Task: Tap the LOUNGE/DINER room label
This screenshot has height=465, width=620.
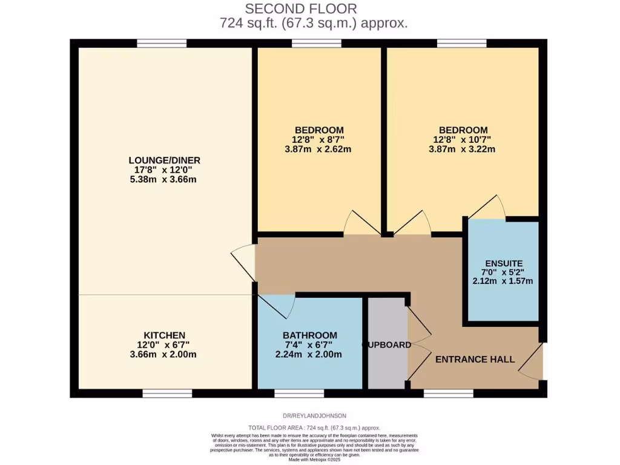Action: (x=164, y=160)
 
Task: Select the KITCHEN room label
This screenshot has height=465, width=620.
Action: (x=164, y=335)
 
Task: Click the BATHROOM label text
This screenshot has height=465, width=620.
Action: (x=309, y=335)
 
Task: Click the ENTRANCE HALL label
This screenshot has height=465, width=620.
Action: (x=475, y=359)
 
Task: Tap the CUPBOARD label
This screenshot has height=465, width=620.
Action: (x=386, y=345)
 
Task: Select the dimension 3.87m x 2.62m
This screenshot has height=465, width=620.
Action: (x=319, y=149)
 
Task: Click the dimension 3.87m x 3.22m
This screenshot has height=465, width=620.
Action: (x=463, y=149)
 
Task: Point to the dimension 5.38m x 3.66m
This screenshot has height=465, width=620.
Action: (x=164, y=179)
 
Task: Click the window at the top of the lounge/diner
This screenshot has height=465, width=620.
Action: (x=162, y=43)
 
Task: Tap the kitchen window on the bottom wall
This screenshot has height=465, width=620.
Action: (x=167, y=394)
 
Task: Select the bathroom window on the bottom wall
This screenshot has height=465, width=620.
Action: (x=291, y=394)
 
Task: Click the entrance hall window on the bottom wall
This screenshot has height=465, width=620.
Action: (x=448, y=394)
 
